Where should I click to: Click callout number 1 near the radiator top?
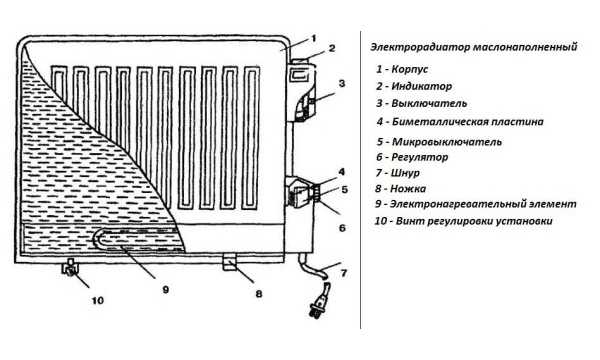coord(314,39)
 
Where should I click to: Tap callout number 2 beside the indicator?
coord(332,48)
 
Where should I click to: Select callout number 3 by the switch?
coord(342,83)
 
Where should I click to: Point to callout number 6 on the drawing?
coord(342,228)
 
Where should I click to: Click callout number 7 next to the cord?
coord(344,273)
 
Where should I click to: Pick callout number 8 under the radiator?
coord(259,294)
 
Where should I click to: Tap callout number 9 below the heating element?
coord(165,290)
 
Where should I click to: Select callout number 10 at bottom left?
coord(98,300)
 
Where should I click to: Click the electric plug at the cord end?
coord(318,305)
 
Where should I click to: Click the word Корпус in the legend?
coord(410,70)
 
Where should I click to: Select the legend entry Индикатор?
coord(421,86)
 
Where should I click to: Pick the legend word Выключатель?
coord(429,103)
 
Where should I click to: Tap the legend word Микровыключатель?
coord(447,142)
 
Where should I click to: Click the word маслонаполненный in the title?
coord(525,47)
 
